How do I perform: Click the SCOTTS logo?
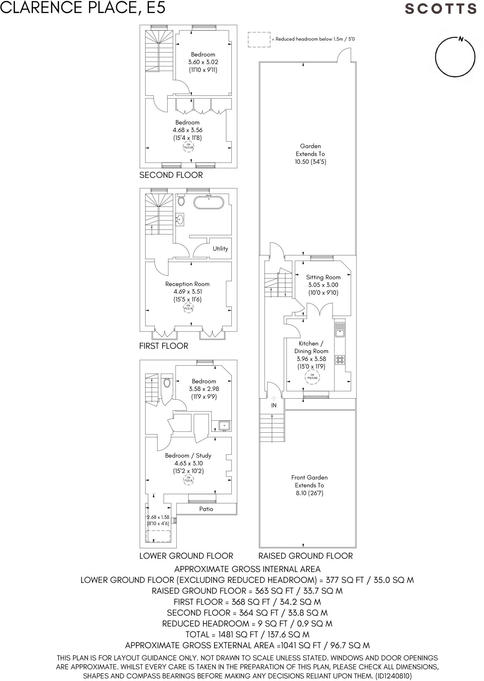coord(440,9)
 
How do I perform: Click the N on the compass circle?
coord(461,39)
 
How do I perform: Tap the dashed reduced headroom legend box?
coord(259,40)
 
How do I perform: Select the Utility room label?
coord(220,248)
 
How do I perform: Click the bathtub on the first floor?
coord(209,203)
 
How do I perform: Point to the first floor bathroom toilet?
coord(181,200)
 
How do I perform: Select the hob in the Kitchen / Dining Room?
coord(340,360)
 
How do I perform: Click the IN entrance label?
coord(274,405)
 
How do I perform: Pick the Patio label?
coord(206,509)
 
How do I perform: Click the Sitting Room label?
coord(323,277)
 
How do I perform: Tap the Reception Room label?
coord(187,284)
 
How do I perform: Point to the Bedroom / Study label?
coord(188,456)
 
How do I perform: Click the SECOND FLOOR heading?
coord(171,175)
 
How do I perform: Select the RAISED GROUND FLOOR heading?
coord(305,556)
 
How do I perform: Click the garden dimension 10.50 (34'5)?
coord(310,162)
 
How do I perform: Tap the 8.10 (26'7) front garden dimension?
coord(309,493)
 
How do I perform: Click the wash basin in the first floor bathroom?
coord(180,219)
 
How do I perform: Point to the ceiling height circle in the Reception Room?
coord(188,307)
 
